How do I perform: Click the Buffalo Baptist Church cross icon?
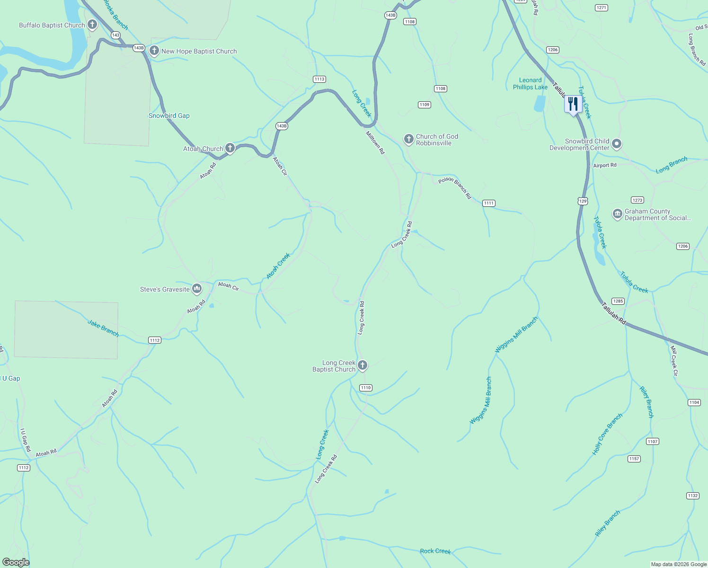[92, 24]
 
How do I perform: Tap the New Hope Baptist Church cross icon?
[154, 50]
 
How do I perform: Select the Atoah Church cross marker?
[230, 148]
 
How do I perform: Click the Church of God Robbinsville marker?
[409, 139]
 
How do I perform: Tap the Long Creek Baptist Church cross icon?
[363, 365]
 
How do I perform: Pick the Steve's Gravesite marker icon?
[197, 288]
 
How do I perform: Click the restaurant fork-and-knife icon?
[573, 104]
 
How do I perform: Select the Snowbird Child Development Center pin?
[617, 143]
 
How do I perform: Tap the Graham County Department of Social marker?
[618, 214]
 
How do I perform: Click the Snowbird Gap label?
[169, 115]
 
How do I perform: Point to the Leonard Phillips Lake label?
[530, 84]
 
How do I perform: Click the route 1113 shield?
[319, 79]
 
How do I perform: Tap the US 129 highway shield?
[583, 201]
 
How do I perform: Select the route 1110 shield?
[366, 388]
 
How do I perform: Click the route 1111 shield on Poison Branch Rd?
[489, 203]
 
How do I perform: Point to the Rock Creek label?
[435, 551]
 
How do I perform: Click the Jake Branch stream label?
[103, 328]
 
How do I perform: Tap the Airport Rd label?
[605, 165]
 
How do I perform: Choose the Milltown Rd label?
[375, 142]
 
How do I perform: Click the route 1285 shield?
[618, 301]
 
